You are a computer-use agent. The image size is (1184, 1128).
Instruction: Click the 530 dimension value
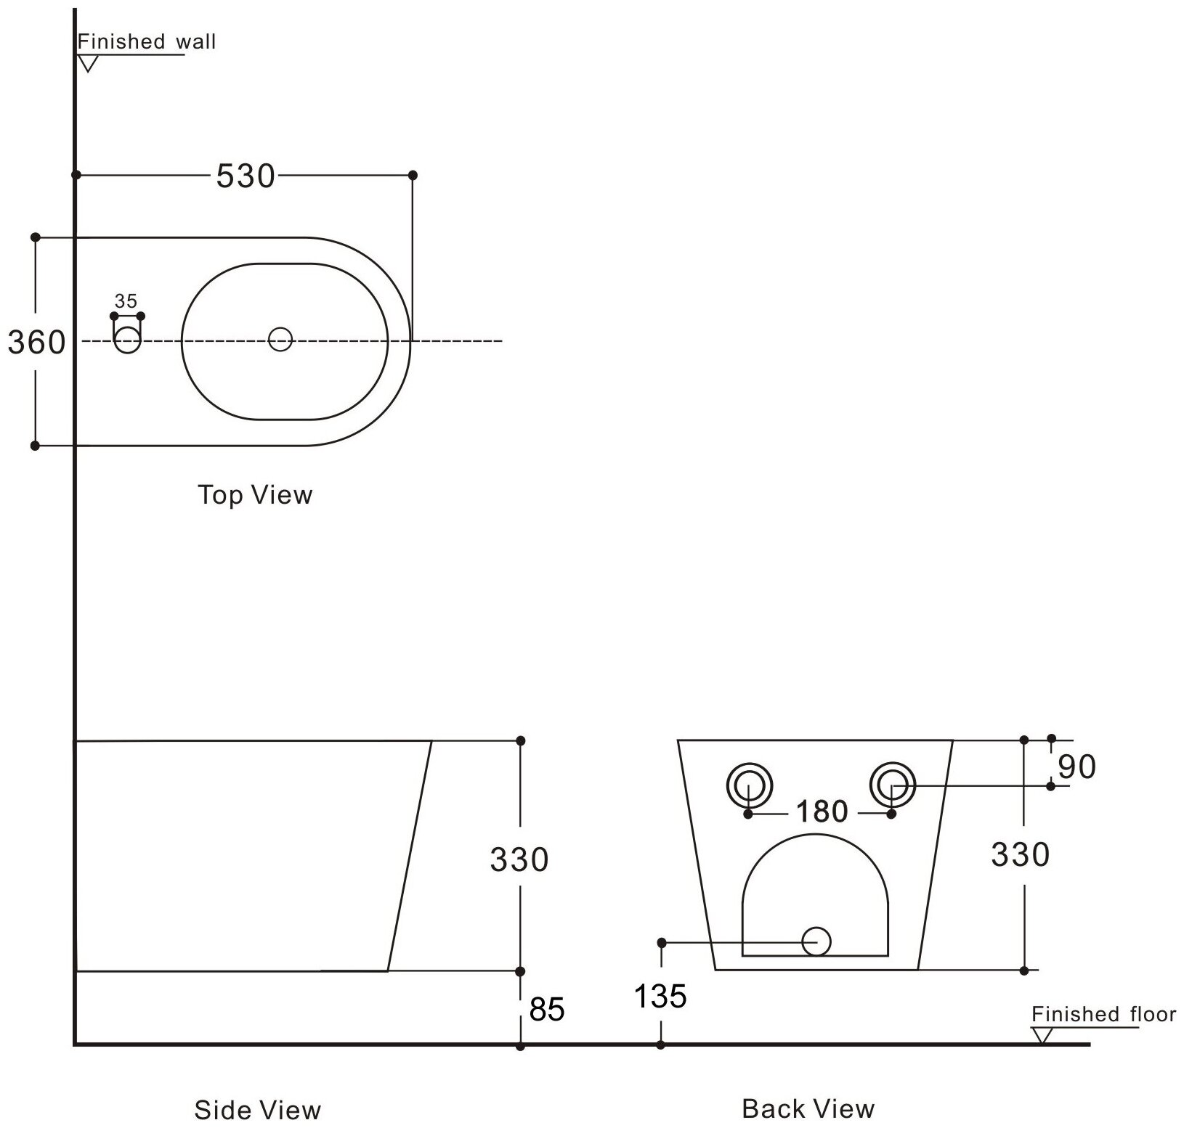pyautogui.click(x=246, y=176)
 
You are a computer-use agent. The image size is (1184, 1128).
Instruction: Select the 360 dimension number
pyautogui.click(x=36, y=342)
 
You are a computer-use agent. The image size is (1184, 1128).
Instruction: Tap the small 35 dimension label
pyautogui.click(x=126, y=301)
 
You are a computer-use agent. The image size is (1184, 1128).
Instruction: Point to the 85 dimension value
pyautogui.click(x=547, y=1010)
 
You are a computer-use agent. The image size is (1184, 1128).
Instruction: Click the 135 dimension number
pyautogui.click(x=660, y=997)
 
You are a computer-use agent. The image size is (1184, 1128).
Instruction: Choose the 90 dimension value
pyautogui.click(x=1076, y=767)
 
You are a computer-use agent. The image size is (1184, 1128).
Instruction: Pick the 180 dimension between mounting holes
pyautogui.click(x=822, y=812)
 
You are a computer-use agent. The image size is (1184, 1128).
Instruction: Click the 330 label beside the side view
pyautogui.click(x=519, y=860)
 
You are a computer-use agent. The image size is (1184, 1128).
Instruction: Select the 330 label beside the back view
pyautogui.click(x=1020, y=855)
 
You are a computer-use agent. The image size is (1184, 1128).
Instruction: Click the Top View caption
pyautogui.click(x=255, y=495)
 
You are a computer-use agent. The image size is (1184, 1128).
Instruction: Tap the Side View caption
pyautogui.click(x=257, y=1110)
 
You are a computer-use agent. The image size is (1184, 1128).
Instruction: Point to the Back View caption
pyautogui.click(x=808, y=1108)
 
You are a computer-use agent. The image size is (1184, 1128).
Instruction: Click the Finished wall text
pyautogui.click(x=147, y=41)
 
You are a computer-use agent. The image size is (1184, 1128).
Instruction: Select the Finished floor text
pyautogui.click(x=1103, y=1014)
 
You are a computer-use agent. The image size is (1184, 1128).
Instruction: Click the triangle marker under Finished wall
pyautogui.click(x=88, y=64)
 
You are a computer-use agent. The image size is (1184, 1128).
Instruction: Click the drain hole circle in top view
pyautogui.click(x=280, y=339)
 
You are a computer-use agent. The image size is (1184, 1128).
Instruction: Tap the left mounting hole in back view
pyautogui.click(x=749, y=785)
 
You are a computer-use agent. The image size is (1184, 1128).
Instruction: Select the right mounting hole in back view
pyautogui.click(x=893, y=785)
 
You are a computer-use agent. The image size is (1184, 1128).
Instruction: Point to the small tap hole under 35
pyautogui.click(x=127, y=340)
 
